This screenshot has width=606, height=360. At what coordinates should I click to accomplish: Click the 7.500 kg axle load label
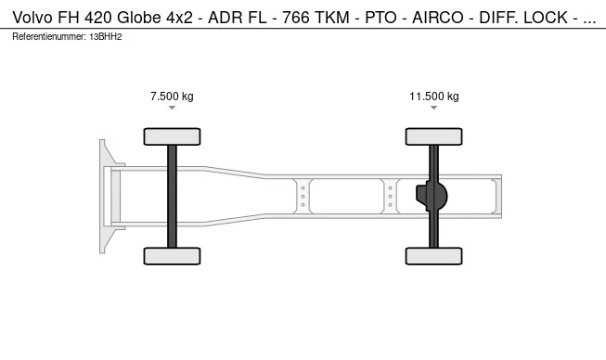(172, 96)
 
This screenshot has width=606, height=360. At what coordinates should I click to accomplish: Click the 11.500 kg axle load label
(434, 96)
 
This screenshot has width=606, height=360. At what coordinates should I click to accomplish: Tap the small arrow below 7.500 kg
(172, 108)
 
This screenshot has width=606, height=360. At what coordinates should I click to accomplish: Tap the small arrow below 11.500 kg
(434, 108)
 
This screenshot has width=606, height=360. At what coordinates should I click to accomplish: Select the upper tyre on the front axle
(172, 136)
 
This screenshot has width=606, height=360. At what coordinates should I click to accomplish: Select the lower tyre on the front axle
(172, 256)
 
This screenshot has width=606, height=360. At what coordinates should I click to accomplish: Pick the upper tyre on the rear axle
(434, 136)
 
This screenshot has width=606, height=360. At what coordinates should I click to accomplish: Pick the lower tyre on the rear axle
(434, 256)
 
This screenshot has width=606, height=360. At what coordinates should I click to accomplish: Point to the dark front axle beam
(172, 196)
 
